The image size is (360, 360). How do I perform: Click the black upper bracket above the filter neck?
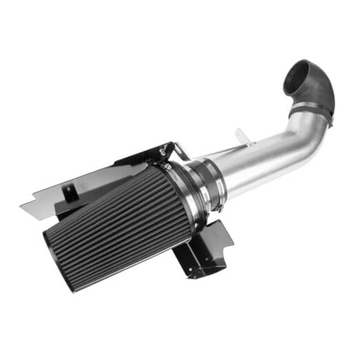(148, 155)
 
